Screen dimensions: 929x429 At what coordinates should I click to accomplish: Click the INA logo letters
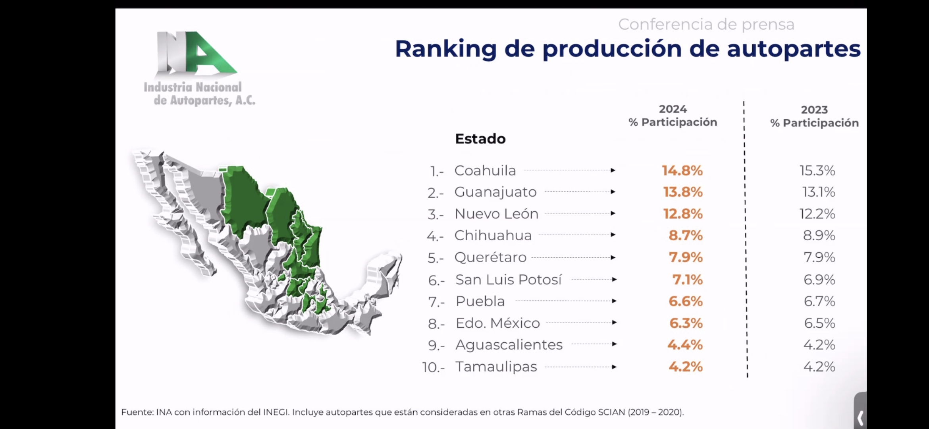coord(197,54)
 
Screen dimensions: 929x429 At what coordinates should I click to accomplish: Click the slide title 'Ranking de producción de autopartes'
coord(628,49)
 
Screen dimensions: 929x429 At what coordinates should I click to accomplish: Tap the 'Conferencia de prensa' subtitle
coord(706,24)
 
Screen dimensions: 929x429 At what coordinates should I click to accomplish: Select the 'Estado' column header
coord(480,139)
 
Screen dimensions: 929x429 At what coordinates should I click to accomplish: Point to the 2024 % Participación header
coord(673,116)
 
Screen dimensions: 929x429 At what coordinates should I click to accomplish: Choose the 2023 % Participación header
coord(814,116)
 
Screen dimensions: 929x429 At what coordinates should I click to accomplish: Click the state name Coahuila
coord(485,170)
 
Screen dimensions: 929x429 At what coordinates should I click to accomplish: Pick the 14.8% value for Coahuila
coord(682,170)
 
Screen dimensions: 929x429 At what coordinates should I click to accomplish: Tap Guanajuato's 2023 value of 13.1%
coord(819,192)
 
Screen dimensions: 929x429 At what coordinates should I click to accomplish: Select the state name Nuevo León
coord(496,214)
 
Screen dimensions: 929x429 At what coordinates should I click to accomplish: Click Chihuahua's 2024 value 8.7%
coord(686,235)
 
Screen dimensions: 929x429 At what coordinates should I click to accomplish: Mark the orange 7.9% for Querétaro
coord(686,257)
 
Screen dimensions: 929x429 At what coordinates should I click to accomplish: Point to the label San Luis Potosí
coord(509,280)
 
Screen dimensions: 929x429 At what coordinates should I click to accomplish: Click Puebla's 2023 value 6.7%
coord(819,301)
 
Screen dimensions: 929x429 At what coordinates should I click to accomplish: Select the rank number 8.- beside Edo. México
coord(436,324)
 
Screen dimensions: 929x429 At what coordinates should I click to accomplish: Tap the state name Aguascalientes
coord(509,345)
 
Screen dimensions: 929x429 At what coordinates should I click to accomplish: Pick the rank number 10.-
coord(434,367)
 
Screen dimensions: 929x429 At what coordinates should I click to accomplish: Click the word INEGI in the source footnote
coord(276,412)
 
